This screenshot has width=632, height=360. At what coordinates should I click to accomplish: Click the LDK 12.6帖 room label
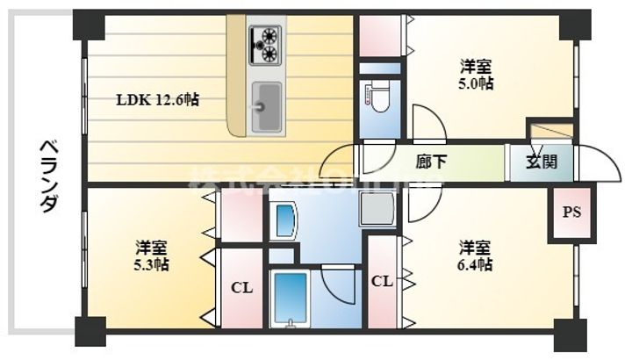[158, 100]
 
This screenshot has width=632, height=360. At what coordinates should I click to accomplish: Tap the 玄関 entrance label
[539, 162]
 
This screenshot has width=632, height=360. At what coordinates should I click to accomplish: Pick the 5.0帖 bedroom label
[478, 76]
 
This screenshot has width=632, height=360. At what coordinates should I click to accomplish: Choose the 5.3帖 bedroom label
[152, 256]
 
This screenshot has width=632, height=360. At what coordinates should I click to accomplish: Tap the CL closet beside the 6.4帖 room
[381, 282]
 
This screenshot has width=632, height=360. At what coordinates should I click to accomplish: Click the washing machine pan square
[377, 209]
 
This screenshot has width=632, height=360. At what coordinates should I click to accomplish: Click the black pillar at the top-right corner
[575, 24]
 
